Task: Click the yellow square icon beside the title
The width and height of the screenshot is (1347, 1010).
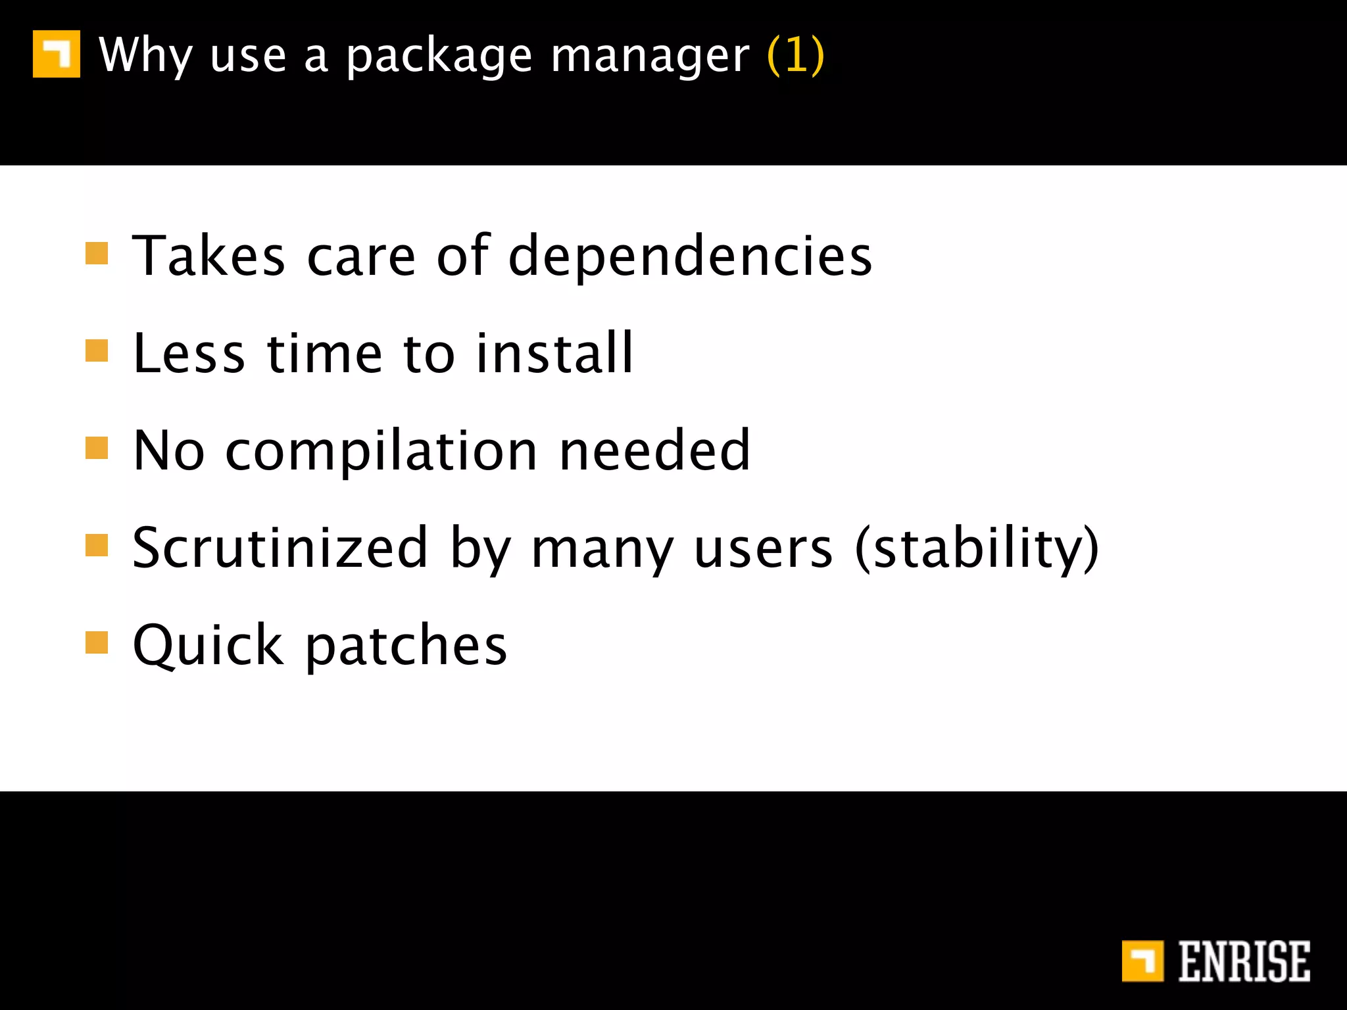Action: click(57, 54)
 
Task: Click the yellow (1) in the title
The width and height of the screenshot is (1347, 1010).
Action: click(796, 55)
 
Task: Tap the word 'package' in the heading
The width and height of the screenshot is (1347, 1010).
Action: click(439, 57)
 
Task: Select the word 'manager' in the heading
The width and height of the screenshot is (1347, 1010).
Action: click(650, 57)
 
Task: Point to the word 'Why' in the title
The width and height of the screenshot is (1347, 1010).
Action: click(145, 55)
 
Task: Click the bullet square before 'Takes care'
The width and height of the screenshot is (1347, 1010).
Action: click(97, 253)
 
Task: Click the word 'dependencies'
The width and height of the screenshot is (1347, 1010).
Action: click(690, 256)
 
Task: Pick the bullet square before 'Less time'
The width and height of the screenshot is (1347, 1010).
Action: click(97, 350)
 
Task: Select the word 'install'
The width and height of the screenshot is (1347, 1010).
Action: click(554, 354)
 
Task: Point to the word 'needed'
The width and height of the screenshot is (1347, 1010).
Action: click(654, 451)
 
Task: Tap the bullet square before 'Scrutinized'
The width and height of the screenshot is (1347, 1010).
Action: click(97, 545)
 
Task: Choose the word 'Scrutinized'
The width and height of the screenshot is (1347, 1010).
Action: click(280, 548)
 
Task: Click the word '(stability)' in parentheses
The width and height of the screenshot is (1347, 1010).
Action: click(977, 549)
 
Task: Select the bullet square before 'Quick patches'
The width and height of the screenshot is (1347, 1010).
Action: click(97, 642)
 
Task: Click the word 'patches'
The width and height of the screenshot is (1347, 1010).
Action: click(406, 646)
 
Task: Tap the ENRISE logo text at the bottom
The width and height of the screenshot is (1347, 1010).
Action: click(1243, 961)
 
